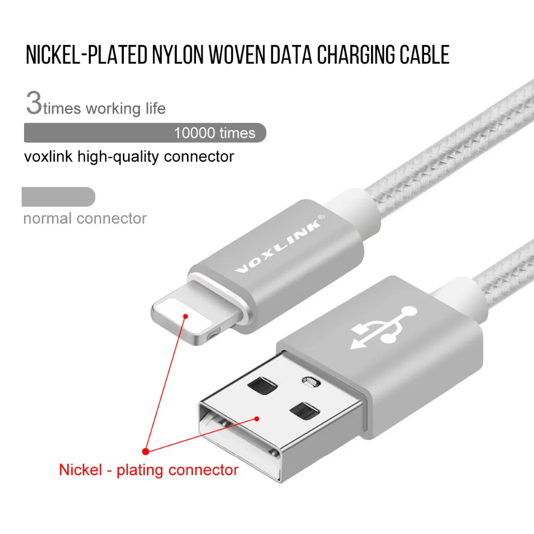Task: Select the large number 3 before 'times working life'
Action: point(33,104)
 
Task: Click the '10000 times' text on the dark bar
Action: point(215,132)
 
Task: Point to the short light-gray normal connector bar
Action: point(58,197)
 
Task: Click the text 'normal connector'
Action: point(85,218)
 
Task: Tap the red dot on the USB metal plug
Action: point(257,419)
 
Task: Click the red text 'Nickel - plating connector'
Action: point(148,470)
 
